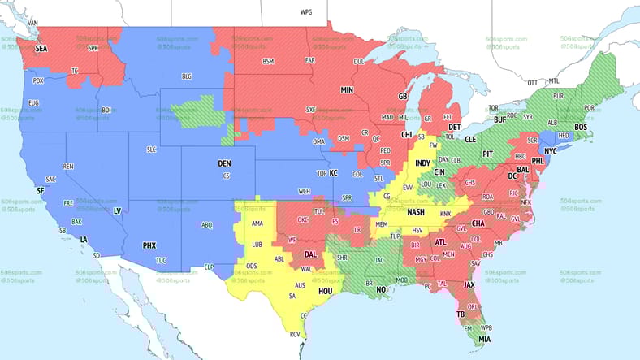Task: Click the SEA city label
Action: coord(41,49)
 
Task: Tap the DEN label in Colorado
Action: coord(225,163)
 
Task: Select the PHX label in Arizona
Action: coord(149,245)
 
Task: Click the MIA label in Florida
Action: coord(484,339)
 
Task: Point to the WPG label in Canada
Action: coord(305,13)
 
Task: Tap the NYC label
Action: coord(550,151)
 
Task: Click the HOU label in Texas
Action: coord(326,290)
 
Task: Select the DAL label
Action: coord(310,254)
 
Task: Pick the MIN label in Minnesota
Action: coord(347,90)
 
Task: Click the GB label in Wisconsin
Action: coord(402,97)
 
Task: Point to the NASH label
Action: coord(415,212)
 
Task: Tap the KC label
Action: coord(332,172)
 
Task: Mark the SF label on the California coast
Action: coord(41,190)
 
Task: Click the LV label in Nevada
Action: coord(116,210)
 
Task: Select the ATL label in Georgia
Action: coord(441,242)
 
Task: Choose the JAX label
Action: coord(469,285)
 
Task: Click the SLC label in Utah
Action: coord(151,150)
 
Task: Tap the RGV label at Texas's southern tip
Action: coord(296,333)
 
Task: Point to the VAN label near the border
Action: coord(32,23)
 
